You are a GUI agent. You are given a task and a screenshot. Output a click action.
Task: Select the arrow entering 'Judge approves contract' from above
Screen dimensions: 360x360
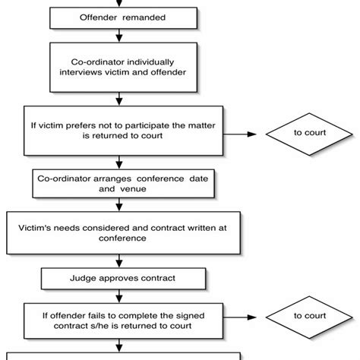point(118,260)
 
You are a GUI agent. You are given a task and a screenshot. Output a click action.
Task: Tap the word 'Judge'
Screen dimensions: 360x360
point(84,278)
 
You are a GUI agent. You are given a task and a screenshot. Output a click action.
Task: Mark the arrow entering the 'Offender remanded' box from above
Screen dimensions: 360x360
point(118,2)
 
